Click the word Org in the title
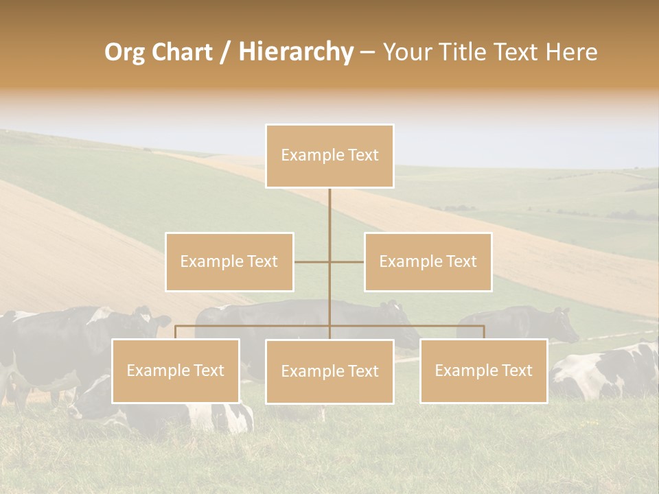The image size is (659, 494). pyautogui.click(x=125, y=52)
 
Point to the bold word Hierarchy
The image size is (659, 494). pyautogui.click(x=296, y=52)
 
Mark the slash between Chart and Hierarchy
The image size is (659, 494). pyautogui.click(x=224, y=52)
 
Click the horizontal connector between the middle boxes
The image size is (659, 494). pyautogui.click(x=329, y=261)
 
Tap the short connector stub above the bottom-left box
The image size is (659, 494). pyautogui.click(x=176, y=332)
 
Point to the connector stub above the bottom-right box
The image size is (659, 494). pyautogui.click(x=483, y=332)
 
